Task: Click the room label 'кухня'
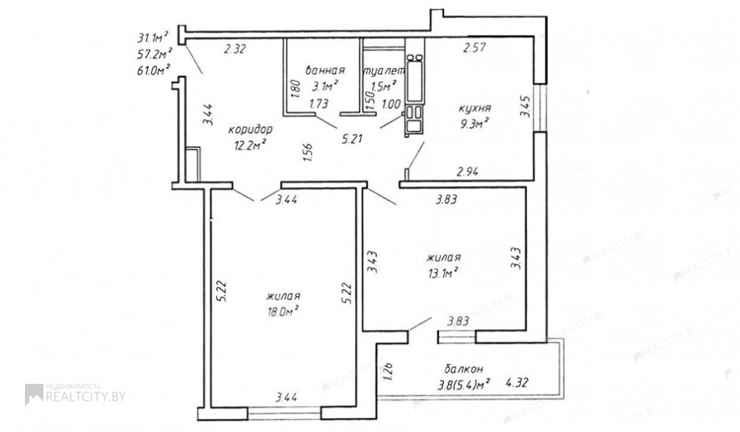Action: click(475, 109)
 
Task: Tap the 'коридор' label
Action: click(250, 129)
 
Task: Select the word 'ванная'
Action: click(325, 71)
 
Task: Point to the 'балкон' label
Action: click(463, 369)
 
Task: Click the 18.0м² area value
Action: click(282, 311)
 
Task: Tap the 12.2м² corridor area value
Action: click(250, 145)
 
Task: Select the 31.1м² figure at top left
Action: click(153, 37)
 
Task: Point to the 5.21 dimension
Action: click(352, 139)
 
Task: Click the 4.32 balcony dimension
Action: click(516, 382)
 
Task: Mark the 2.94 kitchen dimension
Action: click(467, 172)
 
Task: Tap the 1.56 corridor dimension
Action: click(307, 153)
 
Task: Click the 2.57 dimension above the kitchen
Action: click(474, 47)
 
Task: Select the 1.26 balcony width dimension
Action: click(389, 371)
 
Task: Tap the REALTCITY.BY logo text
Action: click(86, 396)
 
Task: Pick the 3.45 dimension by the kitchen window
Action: click(525, 107)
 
